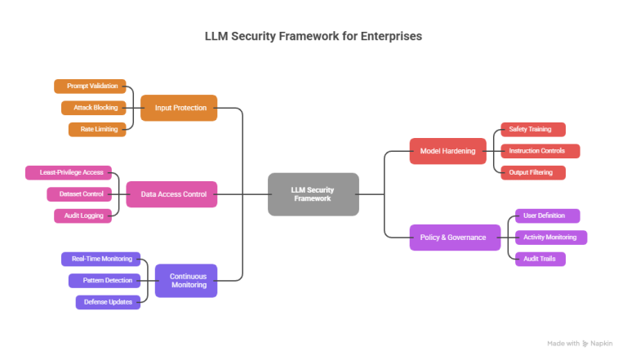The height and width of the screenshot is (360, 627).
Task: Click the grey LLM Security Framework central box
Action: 313,193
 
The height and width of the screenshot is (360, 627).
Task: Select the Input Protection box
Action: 179,108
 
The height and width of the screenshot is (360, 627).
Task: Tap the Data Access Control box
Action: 171,193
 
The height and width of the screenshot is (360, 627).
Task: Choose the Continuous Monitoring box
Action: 186,280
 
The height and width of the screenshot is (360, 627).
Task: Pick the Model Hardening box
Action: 442,151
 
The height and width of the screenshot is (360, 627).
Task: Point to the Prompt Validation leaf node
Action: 90,86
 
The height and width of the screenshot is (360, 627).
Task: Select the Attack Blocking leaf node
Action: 94,108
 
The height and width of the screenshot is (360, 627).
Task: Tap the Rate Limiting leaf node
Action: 97,129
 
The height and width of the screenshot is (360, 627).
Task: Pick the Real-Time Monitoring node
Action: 101,259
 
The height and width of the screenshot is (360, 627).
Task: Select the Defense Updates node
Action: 109,302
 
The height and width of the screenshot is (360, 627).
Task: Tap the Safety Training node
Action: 531,129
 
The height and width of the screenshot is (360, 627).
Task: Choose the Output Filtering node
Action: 531,172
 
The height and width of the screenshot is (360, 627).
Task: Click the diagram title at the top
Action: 313,37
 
